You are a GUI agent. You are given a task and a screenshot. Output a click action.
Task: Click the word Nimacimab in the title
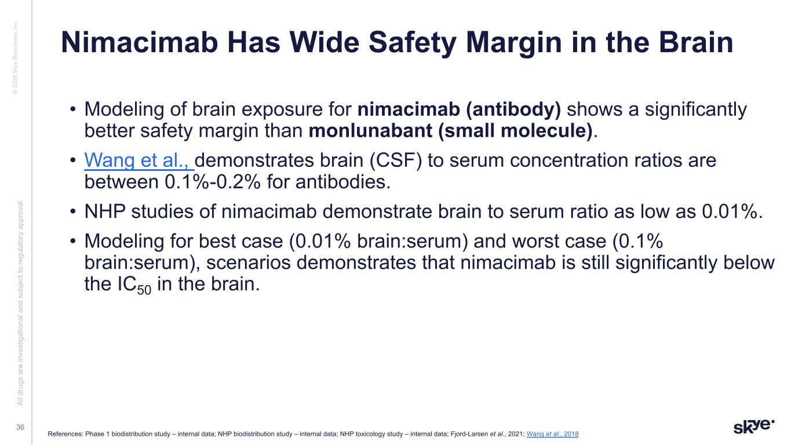140,42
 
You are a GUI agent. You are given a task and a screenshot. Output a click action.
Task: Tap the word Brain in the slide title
696,42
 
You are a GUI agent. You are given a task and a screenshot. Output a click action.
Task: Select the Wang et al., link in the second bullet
138,161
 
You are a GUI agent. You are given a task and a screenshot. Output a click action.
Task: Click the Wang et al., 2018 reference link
552,434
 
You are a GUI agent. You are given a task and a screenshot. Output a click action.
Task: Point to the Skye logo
754,426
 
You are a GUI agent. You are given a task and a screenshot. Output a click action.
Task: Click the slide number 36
20,428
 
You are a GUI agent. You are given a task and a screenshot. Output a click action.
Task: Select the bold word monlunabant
370,131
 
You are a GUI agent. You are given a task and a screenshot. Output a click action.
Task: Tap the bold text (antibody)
513,110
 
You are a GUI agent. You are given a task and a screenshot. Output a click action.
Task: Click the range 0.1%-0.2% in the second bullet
213,183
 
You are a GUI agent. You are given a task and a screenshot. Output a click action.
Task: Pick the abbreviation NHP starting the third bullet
105,211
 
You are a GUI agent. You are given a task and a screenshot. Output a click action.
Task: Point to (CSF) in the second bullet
396,161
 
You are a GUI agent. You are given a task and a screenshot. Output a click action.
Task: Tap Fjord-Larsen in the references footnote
469,434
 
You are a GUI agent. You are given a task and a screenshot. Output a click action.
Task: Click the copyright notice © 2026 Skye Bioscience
15,57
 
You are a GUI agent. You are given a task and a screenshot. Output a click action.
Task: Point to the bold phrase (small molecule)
515,131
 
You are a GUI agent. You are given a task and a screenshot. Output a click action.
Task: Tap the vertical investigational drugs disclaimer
20,302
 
